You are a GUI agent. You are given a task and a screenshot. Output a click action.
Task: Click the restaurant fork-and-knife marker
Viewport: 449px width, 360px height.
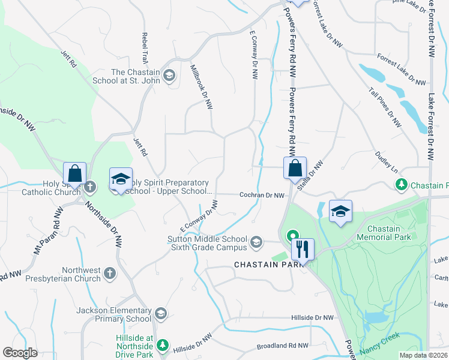tap(303, 249)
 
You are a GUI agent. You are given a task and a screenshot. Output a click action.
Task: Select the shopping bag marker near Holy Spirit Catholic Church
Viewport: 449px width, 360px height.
tap(74, 173)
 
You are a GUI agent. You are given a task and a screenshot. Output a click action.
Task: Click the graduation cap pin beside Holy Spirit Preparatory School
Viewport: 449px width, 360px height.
tap(120, 179)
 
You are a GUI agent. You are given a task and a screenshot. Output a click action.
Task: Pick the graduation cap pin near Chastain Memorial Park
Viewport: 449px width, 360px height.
tap(340, 211)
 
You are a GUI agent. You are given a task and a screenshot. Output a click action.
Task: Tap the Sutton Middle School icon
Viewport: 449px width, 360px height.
tap(256, 242)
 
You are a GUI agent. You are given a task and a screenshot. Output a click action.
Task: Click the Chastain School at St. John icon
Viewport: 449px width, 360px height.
tap(169, 75)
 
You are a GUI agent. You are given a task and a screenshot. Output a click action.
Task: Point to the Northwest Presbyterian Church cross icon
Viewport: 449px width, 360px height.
tap(109, 274)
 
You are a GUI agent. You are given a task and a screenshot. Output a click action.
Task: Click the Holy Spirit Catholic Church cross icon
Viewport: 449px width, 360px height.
tap(89, 187)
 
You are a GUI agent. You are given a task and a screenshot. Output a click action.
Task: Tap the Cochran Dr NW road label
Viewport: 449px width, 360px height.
tap(261, 195)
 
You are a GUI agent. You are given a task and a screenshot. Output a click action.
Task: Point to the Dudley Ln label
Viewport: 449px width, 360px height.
tap(387, 162)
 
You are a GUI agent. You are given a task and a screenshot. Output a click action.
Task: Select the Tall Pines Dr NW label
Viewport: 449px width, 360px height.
tap(385, 106)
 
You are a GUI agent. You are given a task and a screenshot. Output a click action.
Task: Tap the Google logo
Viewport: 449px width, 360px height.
tap(20, 353)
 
